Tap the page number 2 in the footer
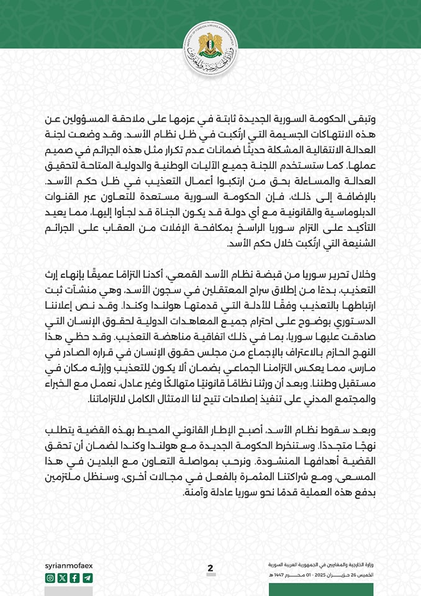coord(210,569)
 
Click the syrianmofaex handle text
coord(70,566)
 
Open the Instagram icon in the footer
coord(50,578)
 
